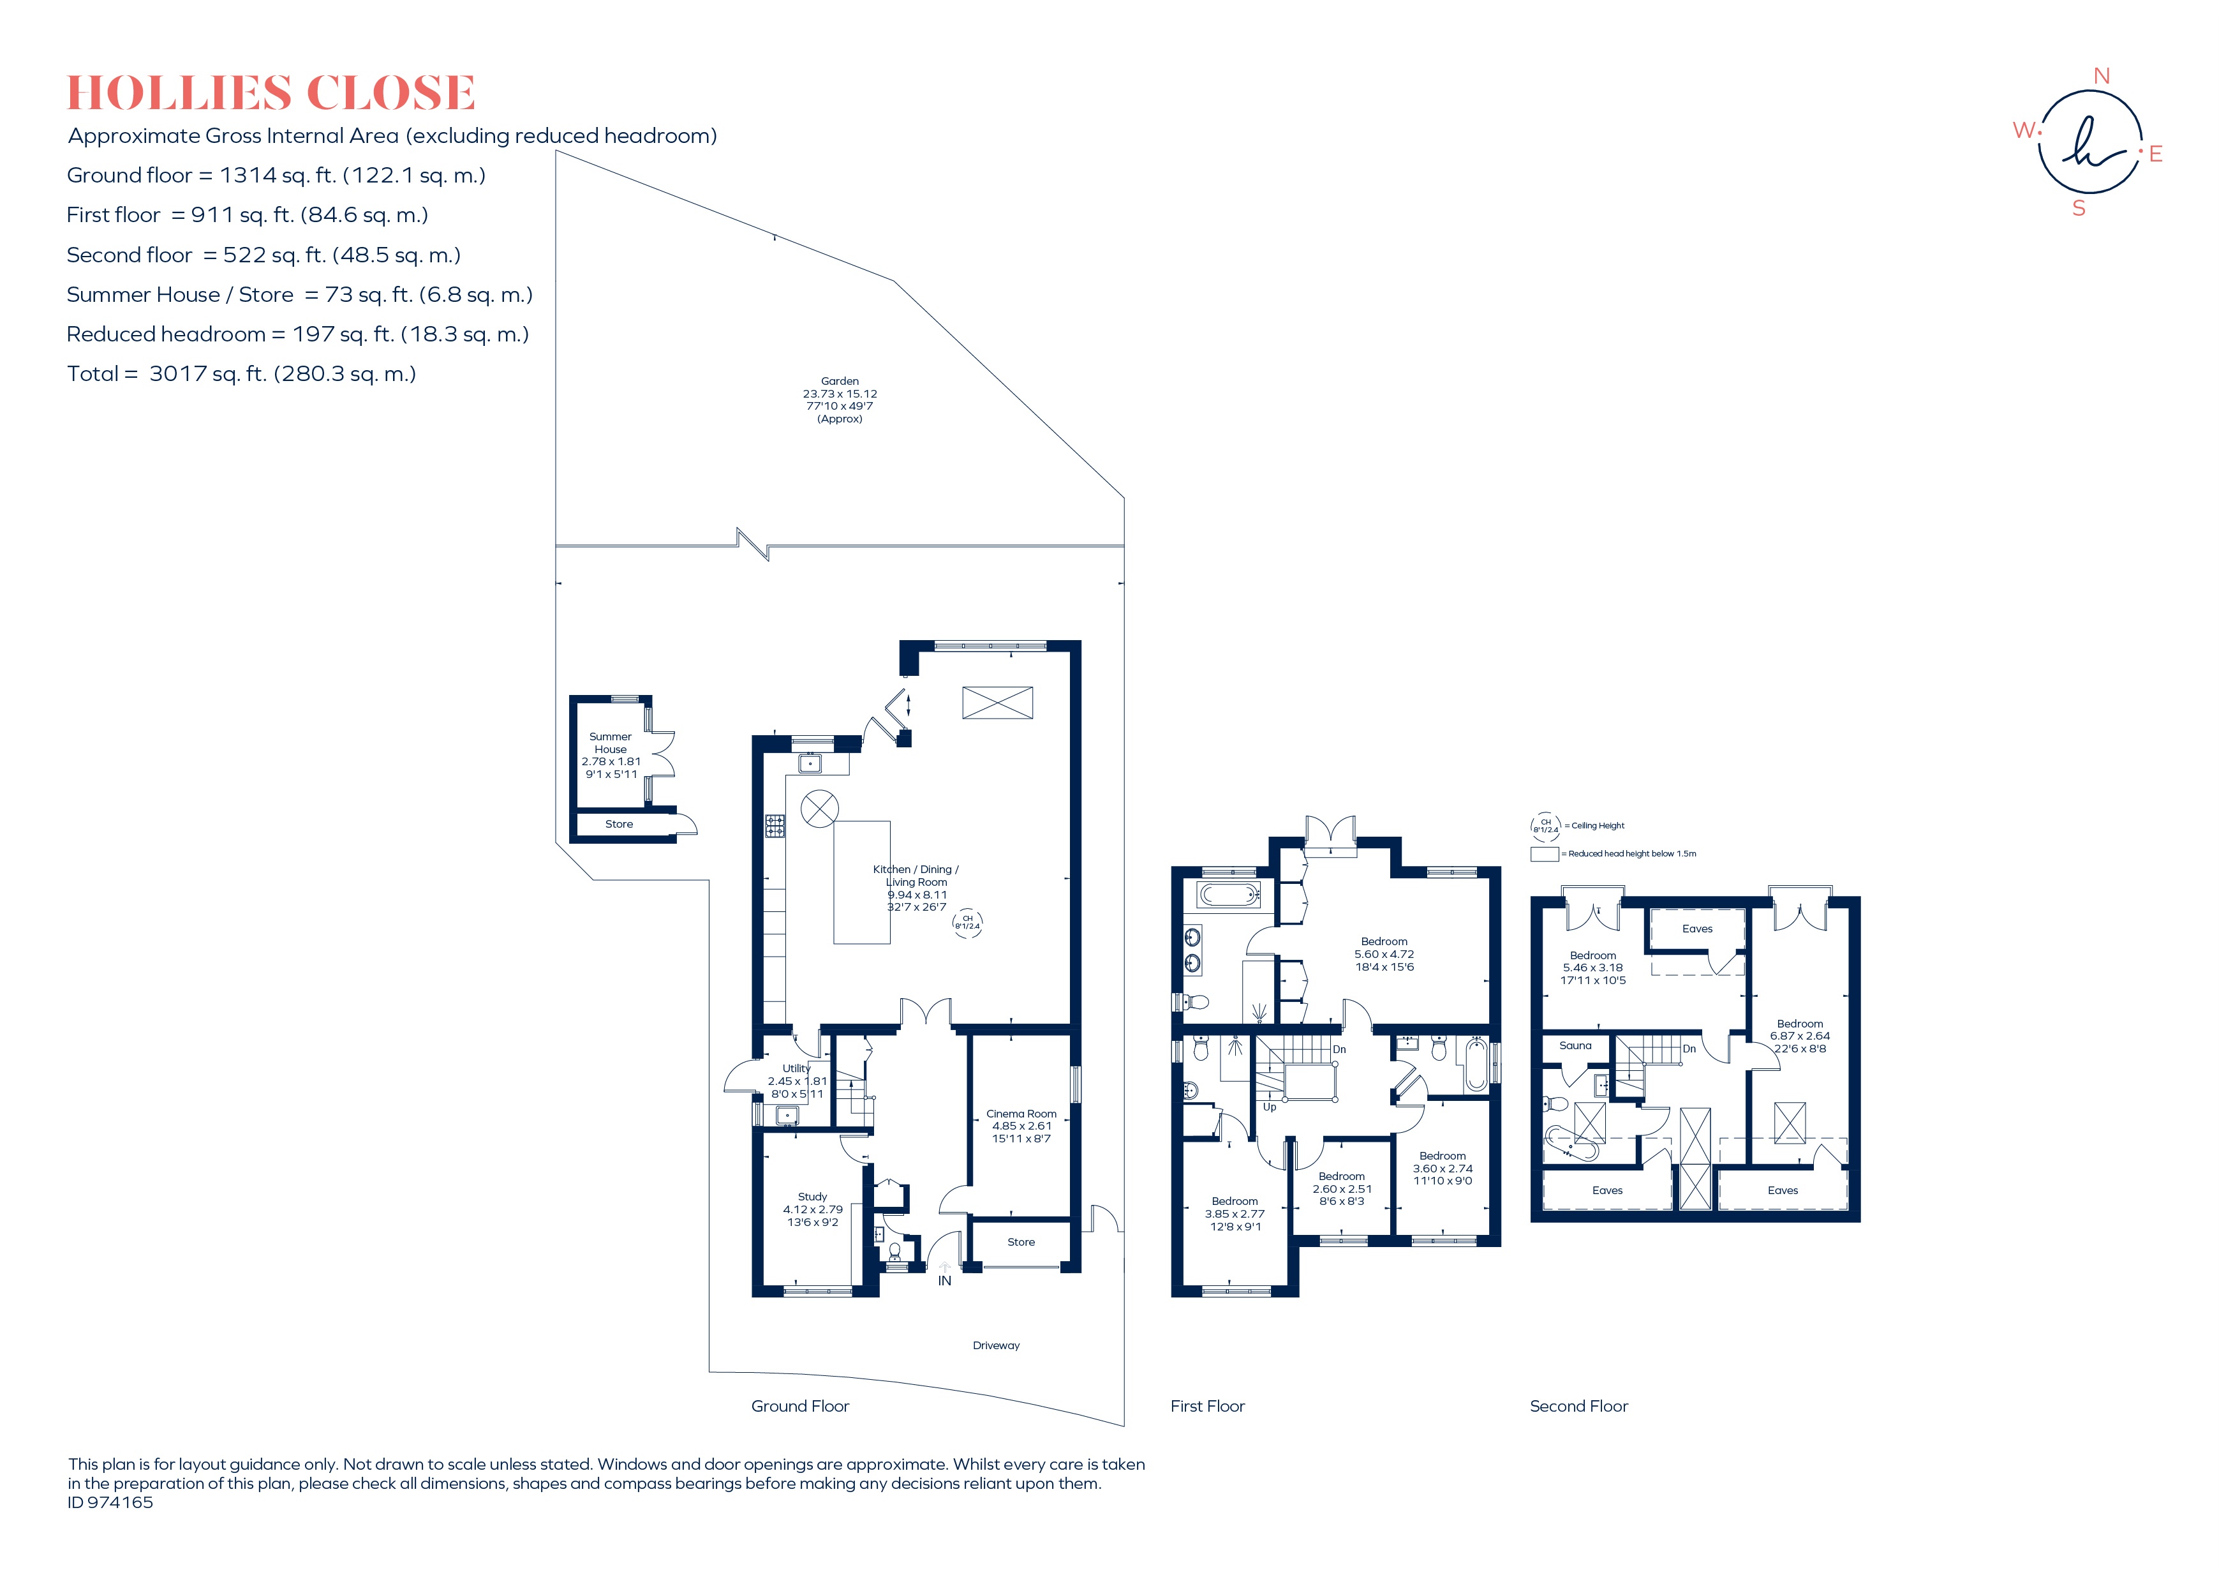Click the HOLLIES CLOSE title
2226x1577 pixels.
271,93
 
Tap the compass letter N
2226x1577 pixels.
2102,76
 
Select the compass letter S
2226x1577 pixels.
2079,208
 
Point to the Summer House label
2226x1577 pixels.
611,743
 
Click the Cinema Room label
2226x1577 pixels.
1021,1114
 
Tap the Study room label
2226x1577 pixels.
813,1197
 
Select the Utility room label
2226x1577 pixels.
796,1068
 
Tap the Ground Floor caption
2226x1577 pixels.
800,1406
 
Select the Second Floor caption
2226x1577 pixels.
1578,1406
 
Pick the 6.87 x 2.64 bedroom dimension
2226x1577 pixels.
1800,1036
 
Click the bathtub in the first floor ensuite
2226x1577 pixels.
1229,894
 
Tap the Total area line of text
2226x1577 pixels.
242,374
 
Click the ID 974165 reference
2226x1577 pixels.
110,1502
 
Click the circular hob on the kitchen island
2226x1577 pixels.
819,809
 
